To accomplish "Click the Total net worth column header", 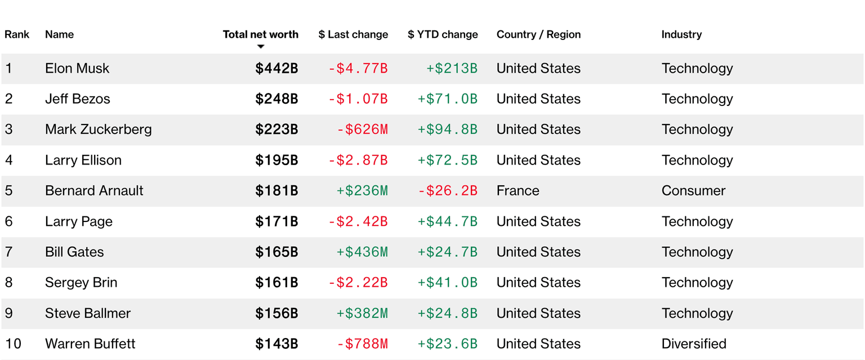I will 260,34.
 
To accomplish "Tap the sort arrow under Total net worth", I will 260,47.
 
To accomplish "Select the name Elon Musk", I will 77,68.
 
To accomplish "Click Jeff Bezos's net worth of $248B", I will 277,99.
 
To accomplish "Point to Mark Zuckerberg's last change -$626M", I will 362,129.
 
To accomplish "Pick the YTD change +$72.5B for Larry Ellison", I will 447,160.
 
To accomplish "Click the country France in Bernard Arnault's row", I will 518,190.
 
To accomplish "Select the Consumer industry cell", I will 693,190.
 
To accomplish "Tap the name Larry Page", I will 79,221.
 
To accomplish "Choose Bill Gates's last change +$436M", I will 362,252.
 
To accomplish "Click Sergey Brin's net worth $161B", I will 277,282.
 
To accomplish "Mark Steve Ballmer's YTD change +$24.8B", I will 447,313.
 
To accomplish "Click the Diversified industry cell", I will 694,344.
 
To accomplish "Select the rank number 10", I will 14,344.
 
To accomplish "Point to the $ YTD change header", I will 443,34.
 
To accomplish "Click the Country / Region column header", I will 538,34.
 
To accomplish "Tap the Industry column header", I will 681,34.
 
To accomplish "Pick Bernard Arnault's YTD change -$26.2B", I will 447,190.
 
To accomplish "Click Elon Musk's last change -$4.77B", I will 358,68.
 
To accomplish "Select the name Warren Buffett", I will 90,344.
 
